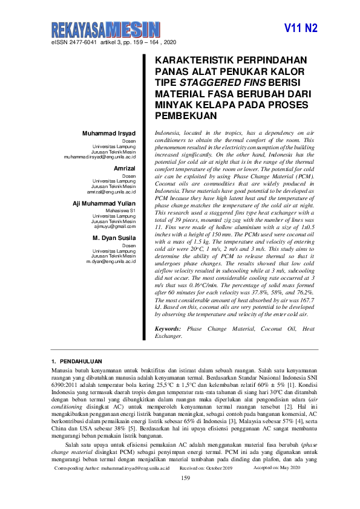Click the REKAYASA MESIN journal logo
106,29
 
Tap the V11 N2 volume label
301,28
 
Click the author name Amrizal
125,169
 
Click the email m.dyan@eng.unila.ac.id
111,261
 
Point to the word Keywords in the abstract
169,328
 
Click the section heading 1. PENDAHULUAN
76,361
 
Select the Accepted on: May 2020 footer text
277,468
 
